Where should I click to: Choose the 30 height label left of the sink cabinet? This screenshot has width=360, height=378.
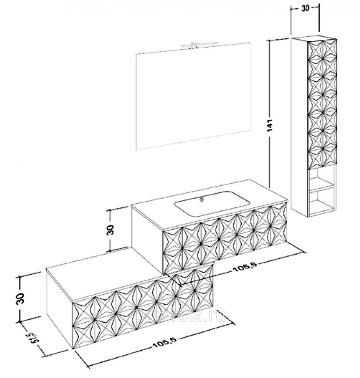[x=110, y=231]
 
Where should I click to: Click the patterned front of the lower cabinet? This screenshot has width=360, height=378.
[x=142, y=307]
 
